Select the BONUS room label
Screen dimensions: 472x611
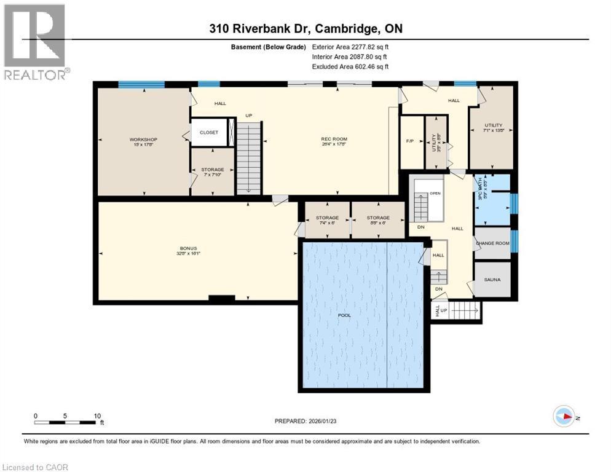tap(197, 248)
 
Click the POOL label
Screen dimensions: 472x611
tap(345, 315)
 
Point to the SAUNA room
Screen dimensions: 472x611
tap(492, 280)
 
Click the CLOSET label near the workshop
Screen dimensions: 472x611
tap(208, 132)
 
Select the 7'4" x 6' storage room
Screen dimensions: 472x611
tap(327, 218)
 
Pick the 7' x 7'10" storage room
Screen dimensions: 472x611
tap(212, 170)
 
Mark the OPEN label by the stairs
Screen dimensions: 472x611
tap(435, 192)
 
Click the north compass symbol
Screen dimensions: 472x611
tap(564, 416)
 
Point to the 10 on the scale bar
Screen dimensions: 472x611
tap(97, 415)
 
